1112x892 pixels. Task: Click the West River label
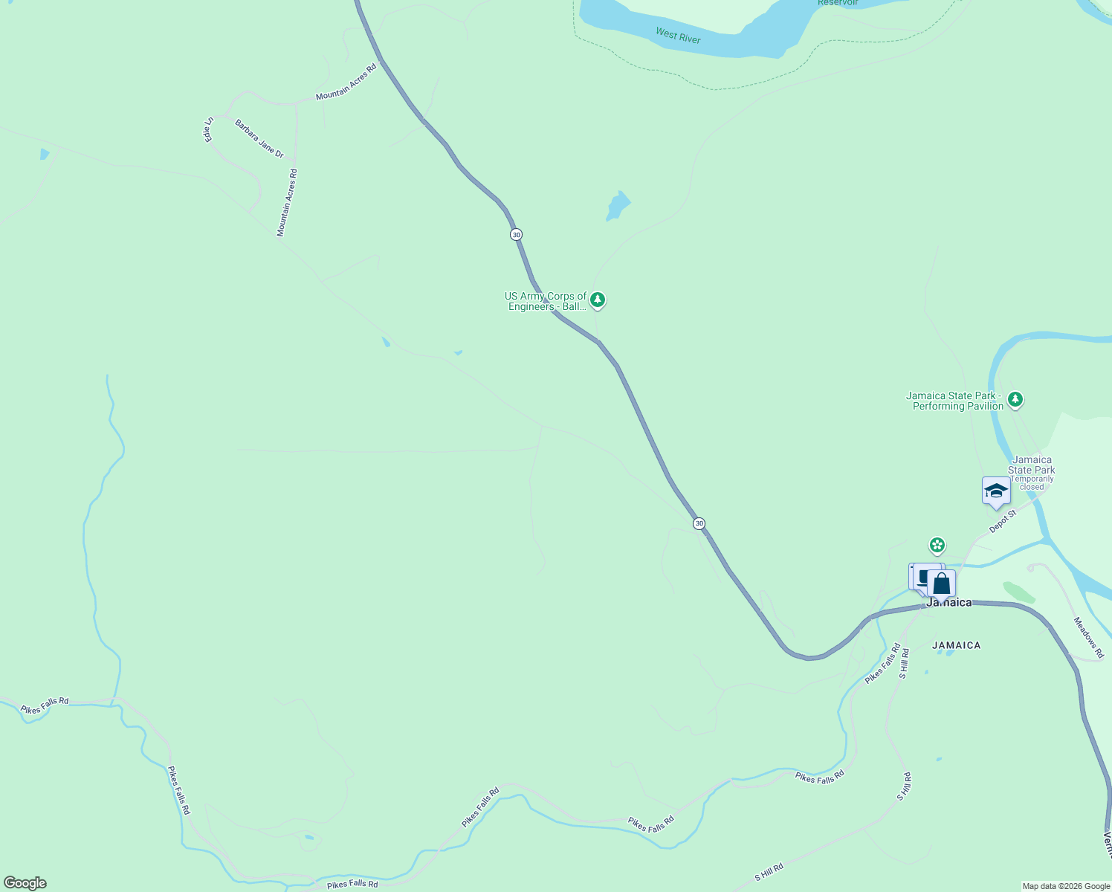point(678,35)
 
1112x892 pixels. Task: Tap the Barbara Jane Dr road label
point(259,138)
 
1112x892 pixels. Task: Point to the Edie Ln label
point(209,129)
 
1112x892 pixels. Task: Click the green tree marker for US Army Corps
point(598,300)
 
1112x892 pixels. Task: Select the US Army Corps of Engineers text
point(546,301)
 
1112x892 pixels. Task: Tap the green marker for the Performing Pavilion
point(1015,400)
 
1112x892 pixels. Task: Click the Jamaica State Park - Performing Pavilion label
point(954,401)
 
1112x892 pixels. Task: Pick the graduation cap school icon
point(996,491)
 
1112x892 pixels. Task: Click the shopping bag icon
point(941,584)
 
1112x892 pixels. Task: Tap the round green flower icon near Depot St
point(938,546)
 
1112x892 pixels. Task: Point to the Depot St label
point(1002,521)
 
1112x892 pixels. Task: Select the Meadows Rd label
point(1089,637)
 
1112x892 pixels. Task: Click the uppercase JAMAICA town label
point(956,645)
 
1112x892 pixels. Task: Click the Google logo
point(25,883)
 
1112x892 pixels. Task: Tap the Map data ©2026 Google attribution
point(1066,886)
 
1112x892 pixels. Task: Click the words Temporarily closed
point(1032,483)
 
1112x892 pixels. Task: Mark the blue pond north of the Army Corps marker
point(617,205)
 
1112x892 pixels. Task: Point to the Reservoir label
point(838,3)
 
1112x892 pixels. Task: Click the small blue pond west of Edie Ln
point(45,154)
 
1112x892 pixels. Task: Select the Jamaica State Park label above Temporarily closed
point(1032,465)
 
